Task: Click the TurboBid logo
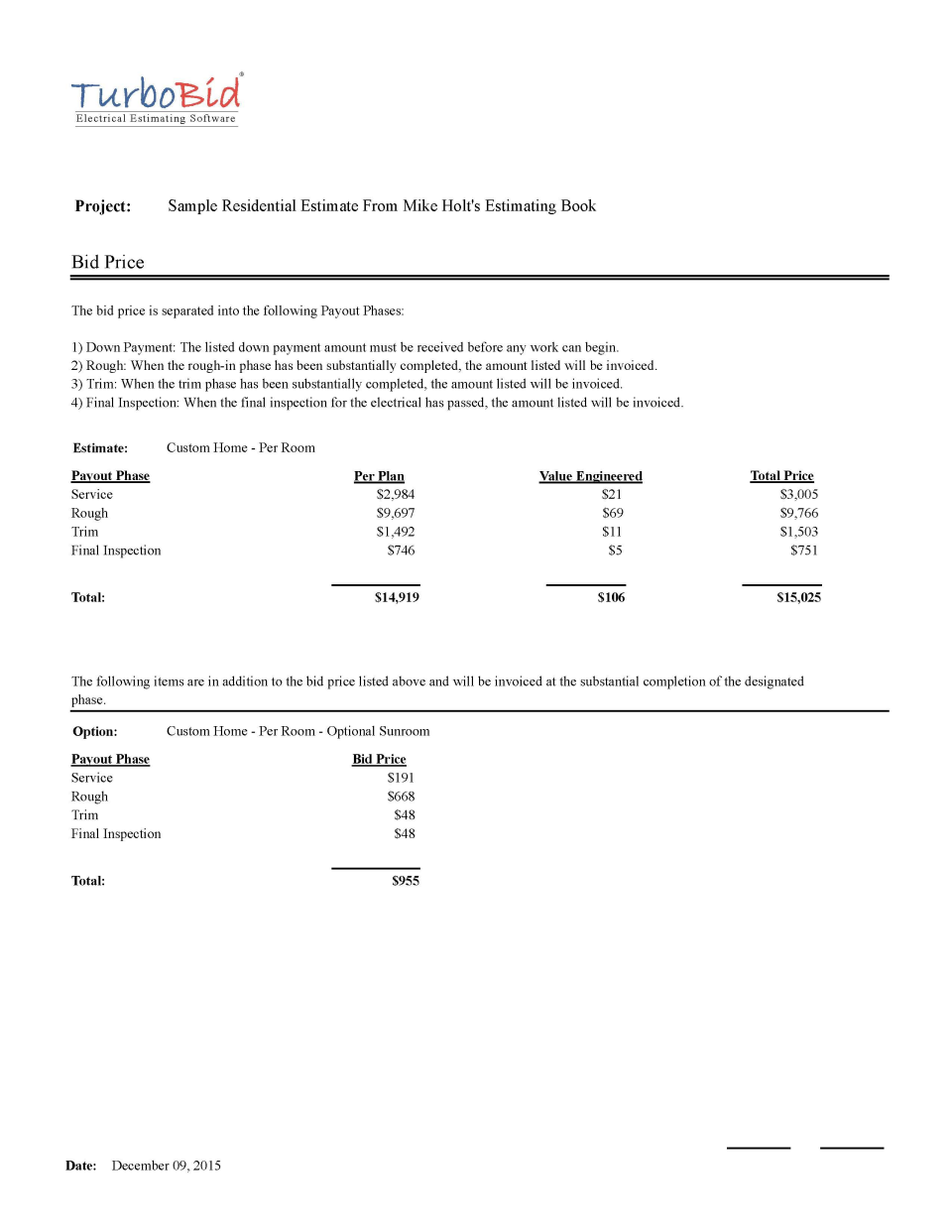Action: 156,99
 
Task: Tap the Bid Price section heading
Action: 108,263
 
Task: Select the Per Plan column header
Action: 379,476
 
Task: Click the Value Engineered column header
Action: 590,476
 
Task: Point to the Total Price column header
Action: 781,476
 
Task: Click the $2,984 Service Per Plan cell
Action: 395,495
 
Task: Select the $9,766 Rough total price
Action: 798,514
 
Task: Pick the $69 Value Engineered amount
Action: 613,514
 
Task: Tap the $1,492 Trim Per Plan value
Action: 395,533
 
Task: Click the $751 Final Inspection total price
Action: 803,551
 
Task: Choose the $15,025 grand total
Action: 798,598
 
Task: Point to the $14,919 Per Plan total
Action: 397,598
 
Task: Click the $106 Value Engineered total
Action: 611,598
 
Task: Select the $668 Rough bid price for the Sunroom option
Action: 401,798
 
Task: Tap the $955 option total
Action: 405,882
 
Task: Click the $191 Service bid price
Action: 401,779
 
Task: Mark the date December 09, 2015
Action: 166,1167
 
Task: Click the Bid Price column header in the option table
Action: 379,760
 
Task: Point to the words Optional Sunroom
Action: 378,732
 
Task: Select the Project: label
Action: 103,206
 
